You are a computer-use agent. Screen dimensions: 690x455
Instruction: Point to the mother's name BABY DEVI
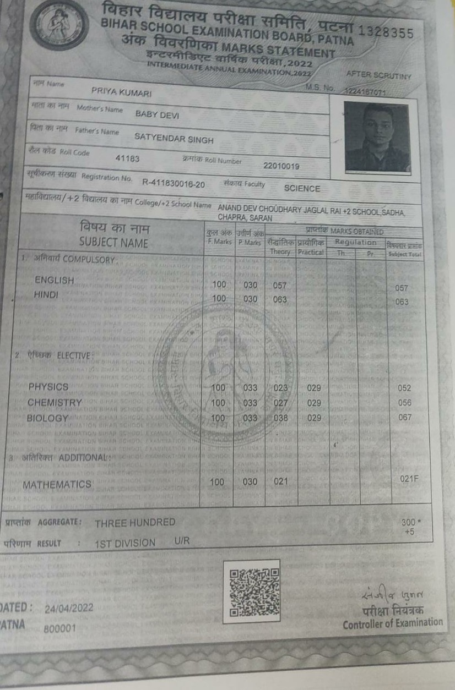tap(154, 114)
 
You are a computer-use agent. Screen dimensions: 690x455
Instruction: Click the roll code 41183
tap(127, 159)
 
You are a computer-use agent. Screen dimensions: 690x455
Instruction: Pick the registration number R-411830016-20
tap(174, 183)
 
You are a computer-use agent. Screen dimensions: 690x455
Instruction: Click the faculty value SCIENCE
tap(302, 188)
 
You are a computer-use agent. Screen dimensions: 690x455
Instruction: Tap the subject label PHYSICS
tap(48, 387)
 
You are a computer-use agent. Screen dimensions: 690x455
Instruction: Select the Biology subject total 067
tap(404, 418)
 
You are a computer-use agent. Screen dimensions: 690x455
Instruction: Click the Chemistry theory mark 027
tap(281, 403)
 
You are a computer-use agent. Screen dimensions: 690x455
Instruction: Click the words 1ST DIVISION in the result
tap(124, 543)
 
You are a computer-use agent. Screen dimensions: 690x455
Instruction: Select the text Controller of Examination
tap(392, 623)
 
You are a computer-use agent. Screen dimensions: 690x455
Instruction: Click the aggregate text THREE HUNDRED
tap(135, 523)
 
